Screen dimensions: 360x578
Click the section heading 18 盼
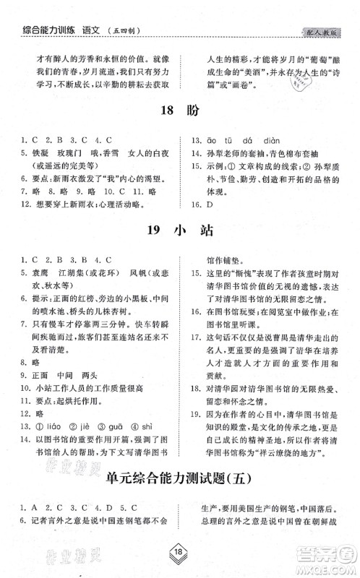(x=179, y=111)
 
